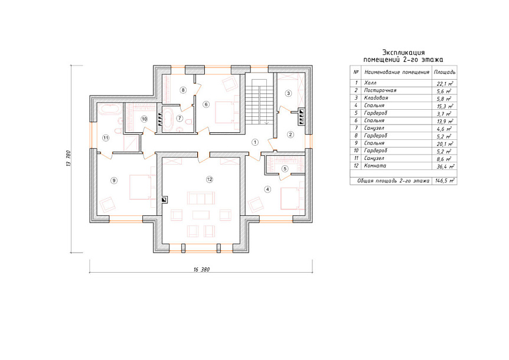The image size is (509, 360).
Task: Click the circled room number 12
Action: (x=210, y=179)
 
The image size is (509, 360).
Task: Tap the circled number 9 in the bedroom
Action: (x=113, y=181)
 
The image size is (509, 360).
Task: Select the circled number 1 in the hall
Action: (x=255, y=142)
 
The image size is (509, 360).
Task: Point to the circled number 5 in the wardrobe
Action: (x=285, y=169)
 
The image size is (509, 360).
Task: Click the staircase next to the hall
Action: (x=259, y=101)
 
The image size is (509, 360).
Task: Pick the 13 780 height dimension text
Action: (x=68, y=158)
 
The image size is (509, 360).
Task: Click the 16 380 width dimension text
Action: (x=201, y=270)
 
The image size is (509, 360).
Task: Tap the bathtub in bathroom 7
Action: (x=168, y=119)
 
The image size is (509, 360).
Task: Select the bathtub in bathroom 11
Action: (x=110, y=109)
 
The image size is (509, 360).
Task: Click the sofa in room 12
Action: (x=201, y=198)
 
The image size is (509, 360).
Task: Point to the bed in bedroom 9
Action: (x=140, y=187)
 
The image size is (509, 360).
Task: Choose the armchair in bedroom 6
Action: (x=229, y=83)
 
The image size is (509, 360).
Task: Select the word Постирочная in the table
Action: (x=380, y=90)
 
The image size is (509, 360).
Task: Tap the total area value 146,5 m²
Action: (x=445, y=181)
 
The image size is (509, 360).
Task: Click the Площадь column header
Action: (x=445, y=72)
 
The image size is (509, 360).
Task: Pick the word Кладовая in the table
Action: (x=376, y=98)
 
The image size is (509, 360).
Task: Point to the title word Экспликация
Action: (x=403, y=53)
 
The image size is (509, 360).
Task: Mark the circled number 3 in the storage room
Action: (x=288, y=93)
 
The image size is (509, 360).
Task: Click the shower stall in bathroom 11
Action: (x=131, y=142)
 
